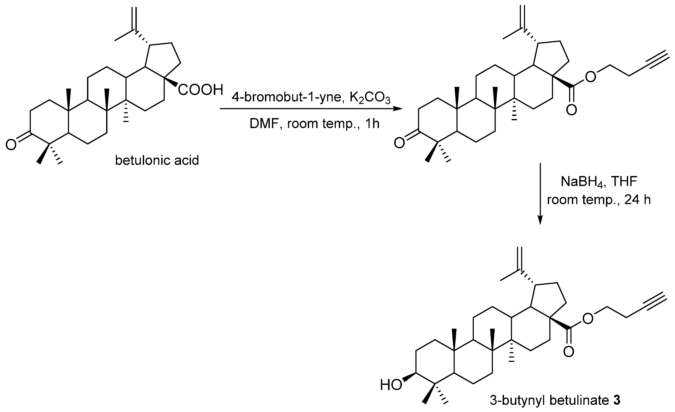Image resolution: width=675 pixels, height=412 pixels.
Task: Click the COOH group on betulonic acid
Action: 200,90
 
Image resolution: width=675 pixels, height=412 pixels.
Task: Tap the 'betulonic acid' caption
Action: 157,160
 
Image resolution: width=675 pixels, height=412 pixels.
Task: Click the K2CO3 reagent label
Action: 370,98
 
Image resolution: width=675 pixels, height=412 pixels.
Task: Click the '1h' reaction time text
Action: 372,124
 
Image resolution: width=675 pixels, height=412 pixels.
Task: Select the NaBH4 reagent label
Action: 578,182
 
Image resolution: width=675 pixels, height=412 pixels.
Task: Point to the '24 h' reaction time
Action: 637,200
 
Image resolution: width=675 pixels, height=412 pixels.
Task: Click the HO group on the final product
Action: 391,386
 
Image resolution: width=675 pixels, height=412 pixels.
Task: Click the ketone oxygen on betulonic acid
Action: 11,145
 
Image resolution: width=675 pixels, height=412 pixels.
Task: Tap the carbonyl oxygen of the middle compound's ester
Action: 571,110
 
